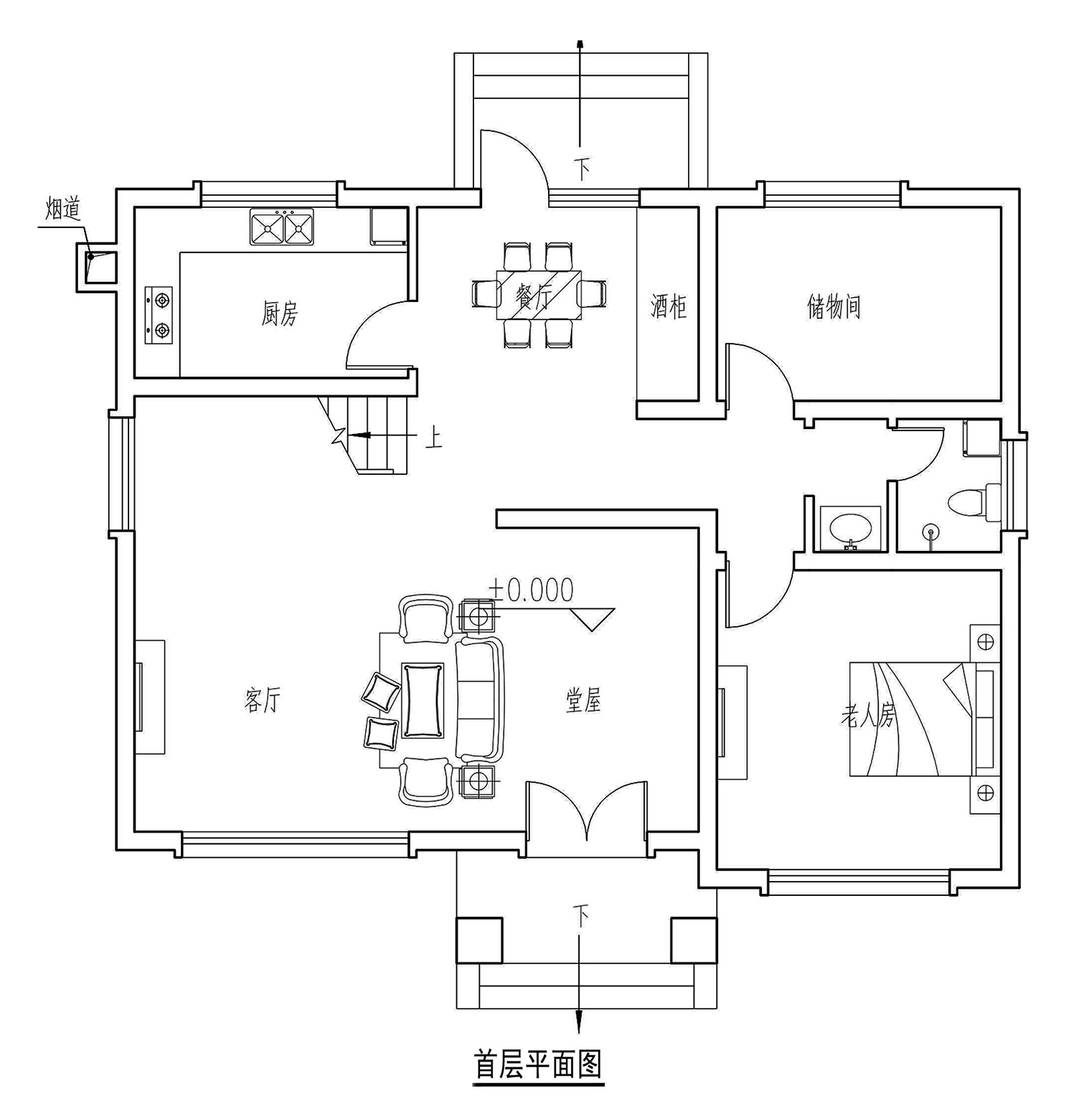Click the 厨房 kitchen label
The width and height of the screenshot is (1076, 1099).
[279, 313]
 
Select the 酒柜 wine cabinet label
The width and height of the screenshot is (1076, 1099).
[669, 306]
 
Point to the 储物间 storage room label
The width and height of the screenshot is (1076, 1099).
[834, 306]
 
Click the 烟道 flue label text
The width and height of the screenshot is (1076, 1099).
[64, 209]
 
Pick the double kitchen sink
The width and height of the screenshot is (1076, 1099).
[282, 227]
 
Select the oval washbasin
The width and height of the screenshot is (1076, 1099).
[851, 529]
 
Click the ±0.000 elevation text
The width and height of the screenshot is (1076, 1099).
[532, 590]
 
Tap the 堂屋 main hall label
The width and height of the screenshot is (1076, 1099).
[583, 701]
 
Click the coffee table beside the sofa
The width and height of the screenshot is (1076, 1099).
[423, 700]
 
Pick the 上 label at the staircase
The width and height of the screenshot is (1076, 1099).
[433, 438]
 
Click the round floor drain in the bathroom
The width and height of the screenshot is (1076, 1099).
[931, 532]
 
